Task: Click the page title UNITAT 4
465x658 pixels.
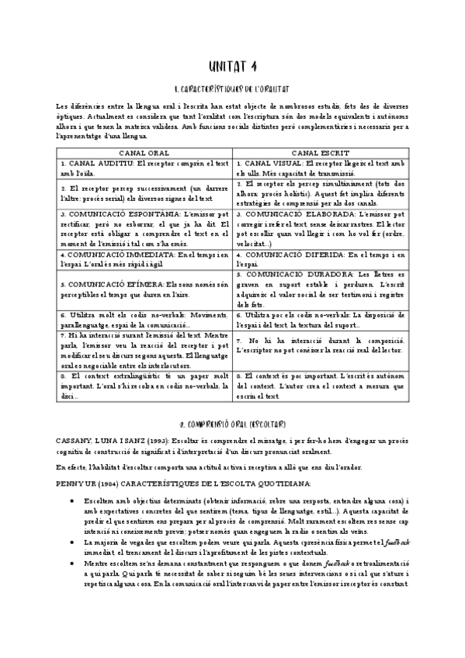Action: [232, 67]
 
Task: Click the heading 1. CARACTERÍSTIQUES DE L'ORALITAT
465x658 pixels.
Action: [232, 90]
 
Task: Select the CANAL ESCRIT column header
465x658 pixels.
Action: [320, 154]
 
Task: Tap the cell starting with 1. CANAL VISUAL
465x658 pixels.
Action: [320, 168]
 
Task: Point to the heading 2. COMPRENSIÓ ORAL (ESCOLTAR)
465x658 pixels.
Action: [232, 424]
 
